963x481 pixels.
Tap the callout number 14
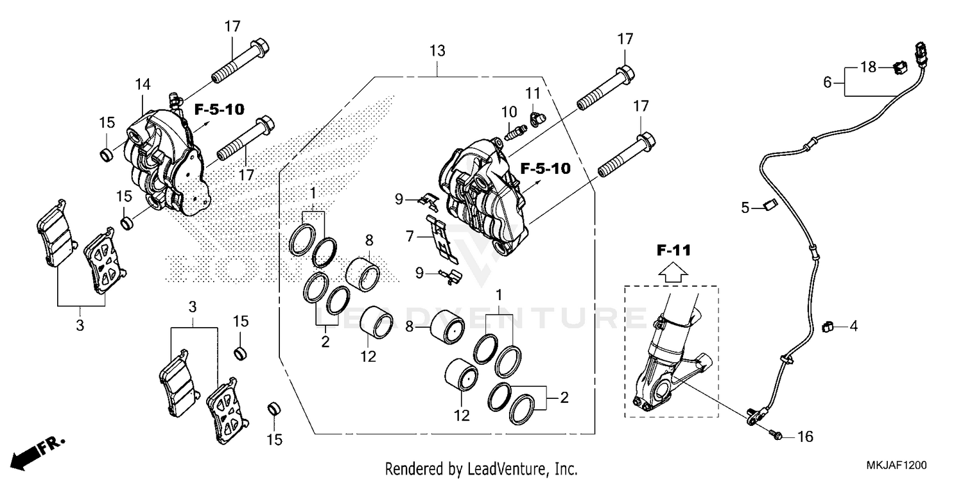(143, 84)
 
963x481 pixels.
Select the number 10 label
(509, 110)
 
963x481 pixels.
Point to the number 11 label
(534, 94)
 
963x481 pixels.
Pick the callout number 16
(804, 437)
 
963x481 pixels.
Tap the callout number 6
(828, 81)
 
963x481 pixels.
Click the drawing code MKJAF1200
(898, 464)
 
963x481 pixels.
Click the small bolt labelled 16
(777, 436)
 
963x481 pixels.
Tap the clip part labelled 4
(826, 326)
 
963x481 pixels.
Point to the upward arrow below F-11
(672, 273)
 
